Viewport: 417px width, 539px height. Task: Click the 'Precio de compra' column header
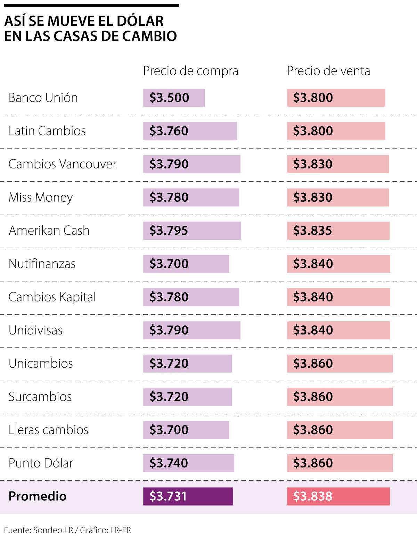pos(190,71)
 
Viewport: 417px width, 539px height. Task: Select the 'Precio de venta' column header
pos(328,71)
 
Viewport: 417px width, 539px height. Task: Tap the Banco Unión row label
pos(43,98)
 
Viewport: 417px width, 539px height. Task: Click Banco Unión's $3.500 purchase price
pos(174,98)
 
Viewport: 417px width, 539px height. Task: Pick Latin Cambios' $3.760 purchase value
pos(190,131)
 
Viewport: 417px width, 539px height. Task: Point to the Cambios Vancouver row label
pos(62,164)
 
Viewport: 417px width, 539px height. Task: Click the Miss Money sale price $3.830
pos(338,197)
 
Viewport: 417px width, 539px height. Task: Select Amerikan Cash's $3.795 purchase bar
pos(192,231)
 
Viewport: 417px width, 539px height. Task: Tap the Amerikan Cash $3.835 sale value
pos(338,231)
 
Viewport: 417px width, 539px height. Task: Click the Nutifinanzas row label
pos(42,264)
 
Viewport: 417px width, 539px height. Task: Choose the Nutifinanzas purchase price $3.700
pos(186,264)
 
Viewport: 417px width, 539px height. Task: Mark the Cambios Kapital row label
pos(52,297)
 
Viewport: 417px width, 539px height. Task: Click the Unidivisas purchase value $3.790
pos(191,330)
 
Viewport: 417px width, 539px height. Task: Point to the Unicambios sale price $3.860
pos(340,363)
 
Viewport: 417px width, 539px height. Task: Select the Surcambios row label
pos(40,397)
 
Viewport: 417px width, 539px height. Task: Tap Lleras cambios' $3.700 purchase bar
pos(186,430)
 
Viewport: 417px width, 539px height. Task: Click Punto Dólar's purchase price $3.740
pos(189,463)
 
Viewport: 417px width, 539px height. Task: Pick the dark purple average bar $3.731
pos(188,496)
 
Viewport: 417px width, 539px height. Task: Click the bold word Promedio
pos(38,496)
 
